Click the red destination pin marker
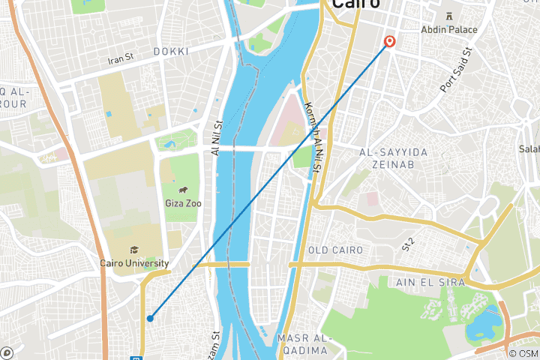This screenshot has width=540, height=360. tap(389, 41)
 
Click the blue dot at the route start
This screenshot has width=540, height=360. tap(150, 318)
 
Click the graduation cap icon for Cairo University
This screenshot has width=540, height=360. tap(134, 250)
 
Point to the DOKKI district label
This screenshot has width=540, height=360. tap(170, 51)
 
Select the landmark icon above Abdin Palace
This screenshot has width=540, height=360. tap(450, 16)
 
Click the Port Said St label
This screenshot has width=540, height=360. tap(456, 71)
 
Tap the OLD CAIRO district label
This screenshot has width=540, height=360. tap(335, 250)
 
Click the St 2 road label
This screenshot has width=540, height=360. tap(408, 242)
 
